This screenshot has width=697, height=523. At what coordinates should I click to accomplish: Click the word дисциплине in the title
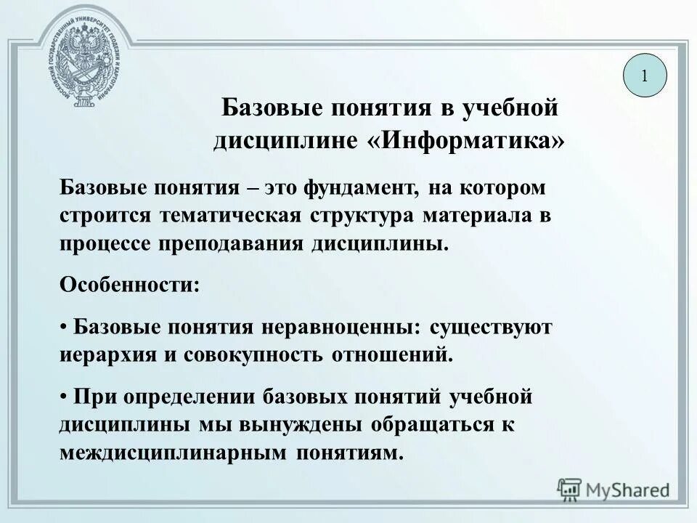pyautogui.click(x=285, y=139)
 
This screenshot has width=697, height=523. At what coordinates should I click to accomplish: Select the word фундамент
pyautogui.click(x=362, y=190)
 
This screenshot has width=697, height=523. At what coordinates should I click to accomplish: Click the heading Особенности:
pyautogui.click(x=129, y=284)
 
